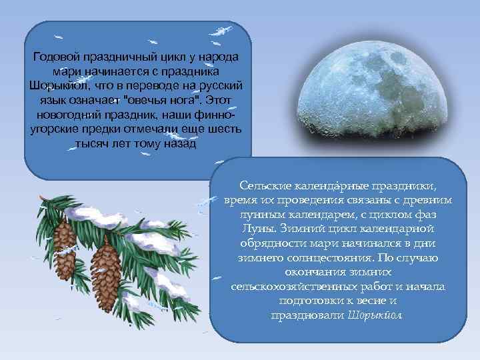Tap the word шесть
tap(225, 129)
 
